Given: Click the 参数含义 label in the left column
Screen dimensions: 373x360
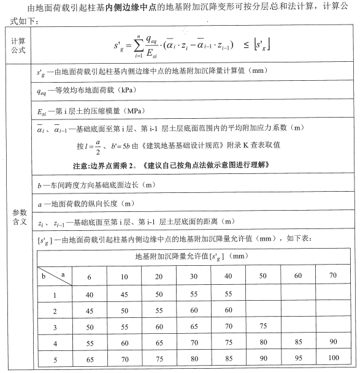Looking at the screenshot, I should click(18, 216).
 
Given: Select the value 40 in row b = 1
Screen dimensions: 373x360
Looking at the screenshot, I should click(90, 295).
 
